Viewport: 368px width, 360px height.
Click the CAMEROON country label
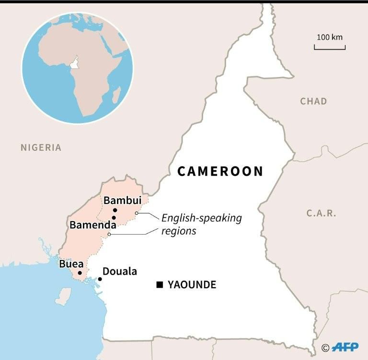coord(220,171)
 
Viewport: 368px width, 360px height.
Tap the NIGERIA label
coord(41,147)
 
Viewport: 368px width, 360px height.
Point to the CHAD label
coord(313,101)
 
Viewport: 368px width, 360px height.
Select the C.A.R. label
coord(322,213)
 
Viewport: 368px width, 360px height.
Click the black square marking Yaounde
coord(159,285)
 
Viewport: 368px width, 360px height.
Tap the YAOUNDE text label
coord(192,285)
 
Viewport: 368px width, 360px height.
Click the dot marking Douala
coord(100,279)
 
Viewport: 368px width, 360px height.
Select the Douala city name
coord(120,271)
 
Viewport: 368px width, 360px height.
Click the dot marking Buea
coord(80,273)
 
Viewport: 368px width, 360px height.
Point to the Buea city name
coord(71,264)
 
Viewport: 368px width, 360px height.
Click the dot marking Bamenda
coord(114,218)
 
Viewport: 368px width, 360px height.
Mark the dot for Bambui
coord(115,210)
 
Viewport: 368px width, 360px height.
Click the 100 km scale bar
coord(330,47)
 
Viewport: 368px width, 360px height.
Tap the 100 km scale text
coord(330,37)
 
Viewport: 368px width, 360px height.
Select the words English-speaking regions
coord(201,224)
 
